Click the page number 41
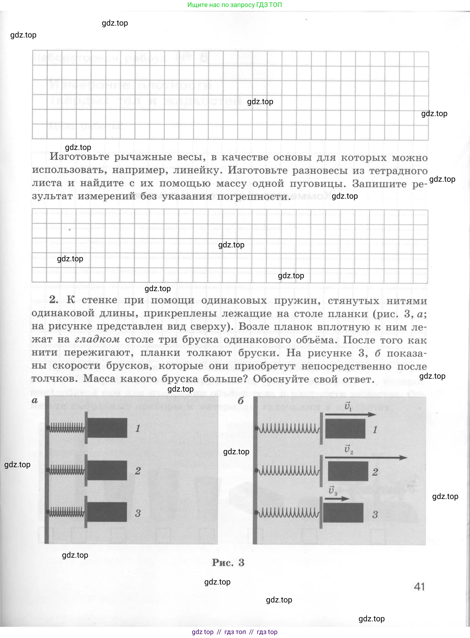pos(419,586)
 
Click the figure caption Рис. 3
pos(228,562)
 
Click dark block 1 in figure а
pos(107,428)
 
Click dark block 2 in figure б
pos(348,471)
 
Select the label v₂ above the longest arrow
pos(349,450)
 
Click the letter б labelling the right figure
pos(241,401)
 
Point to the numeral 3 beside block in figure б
pos(375,514)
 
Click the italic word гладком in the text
pos(97,339)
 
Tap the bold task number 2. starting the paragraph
pos(53,300)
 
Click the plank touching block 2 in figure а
pos(86,470)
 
